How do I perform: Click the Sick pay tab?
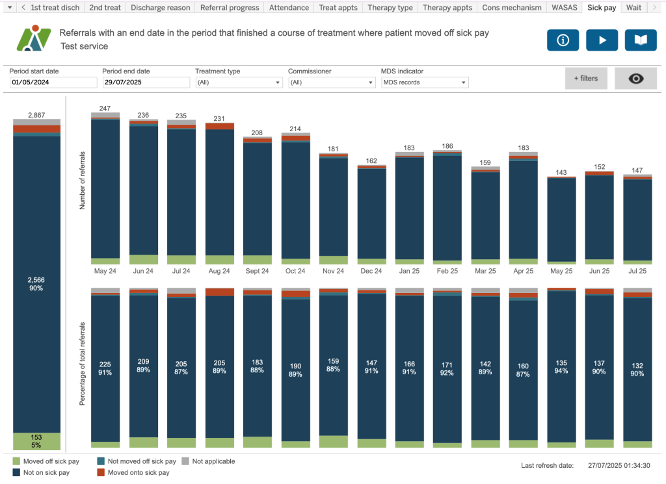602,8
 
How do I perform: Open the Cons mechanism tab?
512,8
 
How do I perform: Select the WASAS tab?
563,8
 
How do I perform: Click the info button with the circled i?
563,40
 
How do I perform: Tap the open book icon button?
641,40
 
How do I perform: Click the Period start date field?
53,83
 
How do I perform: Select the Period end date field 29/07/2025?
146,83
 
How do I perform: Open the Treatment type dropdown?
239,83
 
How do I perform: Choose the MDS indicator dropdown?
424,83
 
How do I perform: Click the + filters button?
585,79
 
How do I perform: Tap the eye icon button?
635,79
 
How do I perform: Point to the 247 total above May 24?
105,108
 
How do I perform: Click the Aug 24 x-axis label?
219,271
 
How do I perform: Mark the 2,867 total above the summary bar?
36,115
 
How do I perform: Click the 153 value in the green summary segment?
36,438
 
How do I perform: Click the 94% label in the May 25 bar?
561,371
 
